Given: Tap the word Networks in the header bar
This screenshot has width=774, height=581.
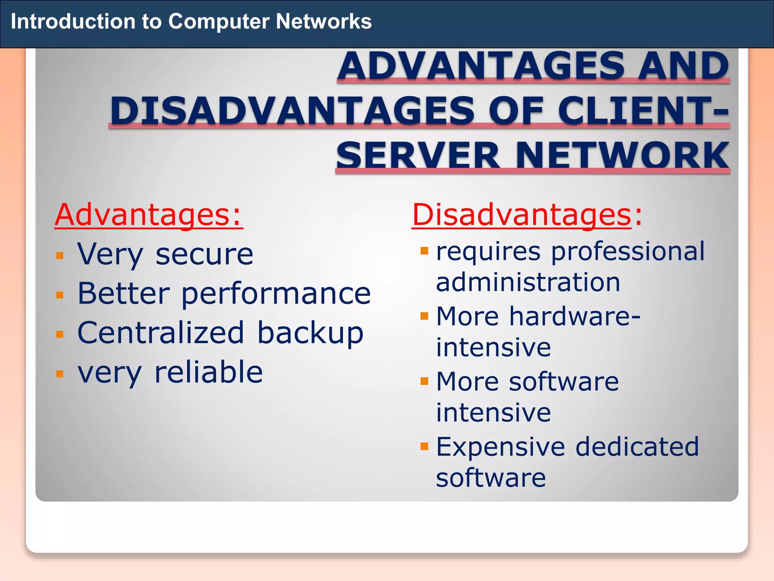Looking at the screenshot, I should (x=324, y=22).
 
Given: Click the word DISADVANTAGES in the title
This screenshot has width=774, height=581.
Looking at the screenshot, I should (x=292, y=111).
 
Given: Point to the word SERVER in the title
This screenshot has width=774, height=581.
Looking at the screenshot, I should (x=418, y=155).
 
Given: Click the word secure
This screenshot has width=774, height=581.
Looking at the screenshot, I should (x=204, y=255).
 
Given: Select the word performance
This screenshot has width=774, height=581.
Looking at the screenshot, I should (x=276, y=294).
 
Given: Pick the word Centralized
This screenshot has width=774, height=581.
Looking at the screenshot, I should (x=161, y=333).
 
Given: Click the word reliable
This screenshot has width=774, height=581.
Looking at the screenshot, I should (x=209, y=372).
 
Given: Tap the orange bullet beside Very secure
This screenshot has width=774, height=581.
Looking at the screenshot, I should (x=60, y=256).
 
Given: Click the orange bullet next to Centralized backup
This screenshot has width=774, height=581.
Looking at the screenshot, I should (x=60, y=334).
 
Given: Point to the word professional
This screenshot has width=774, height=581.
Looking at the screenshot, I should (x=627, y=252).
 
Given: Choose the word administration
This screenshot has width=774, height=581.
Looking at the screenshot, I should (x=528, y=283).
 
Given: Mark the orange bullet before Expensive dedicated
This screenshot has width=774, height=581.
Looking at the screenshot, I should (x=424, y=446).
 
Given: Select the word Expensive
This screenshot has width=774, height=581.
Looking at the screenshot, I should (x=500, y=447).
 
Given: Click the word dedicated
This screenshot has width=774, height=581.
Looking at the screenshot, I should (x=637, y=447).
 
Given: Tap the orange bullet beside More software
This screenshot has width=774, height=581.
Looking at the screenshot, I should (x=424, y=381).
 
